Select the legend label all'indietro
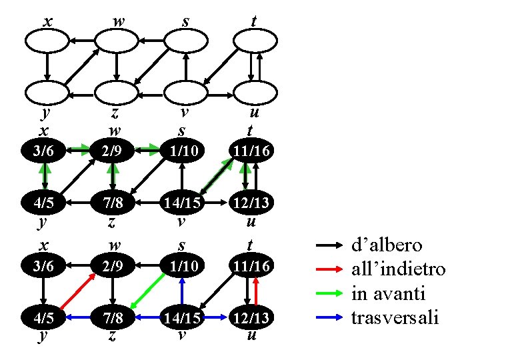coord(398,269)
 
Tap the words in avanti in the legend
coord(388,293)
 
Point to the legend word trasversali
coord(395,317)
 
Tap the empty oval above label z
coord(117,93)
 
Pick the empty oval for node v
coord(185,93)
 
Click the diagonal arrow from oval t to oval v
coord(219,67)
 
